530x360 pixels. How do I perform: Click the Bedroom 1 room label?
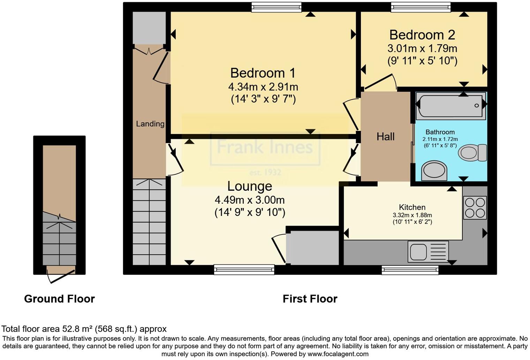263,73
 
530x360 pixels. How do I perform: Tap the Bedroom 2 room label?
422,35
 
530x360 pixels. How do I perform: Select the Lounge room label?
250,186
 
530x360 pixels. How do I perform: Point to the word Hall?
385,136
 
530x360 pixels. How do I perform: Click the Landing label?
150,123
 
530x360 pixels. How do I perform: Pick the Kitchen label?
412,207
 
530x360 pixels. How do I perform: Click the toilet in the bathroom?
472,153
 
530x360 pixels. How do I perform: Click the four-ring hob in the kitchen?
475,208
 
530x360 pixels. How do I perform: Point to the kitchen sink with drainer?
428,251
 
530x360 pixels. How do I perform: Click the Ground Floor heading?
59,299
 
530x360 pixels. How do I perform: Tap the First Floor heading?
310,299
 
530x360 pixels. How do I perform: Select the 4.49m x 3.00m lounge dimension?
250,200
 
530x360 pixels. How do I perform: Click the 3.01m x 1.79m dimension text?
422,48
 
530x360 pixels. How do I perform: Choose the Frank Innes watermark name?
265,147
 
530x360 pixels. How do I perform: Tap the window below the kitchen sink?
410,270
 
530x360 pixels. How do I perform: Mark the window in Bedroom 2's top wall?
421,7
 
